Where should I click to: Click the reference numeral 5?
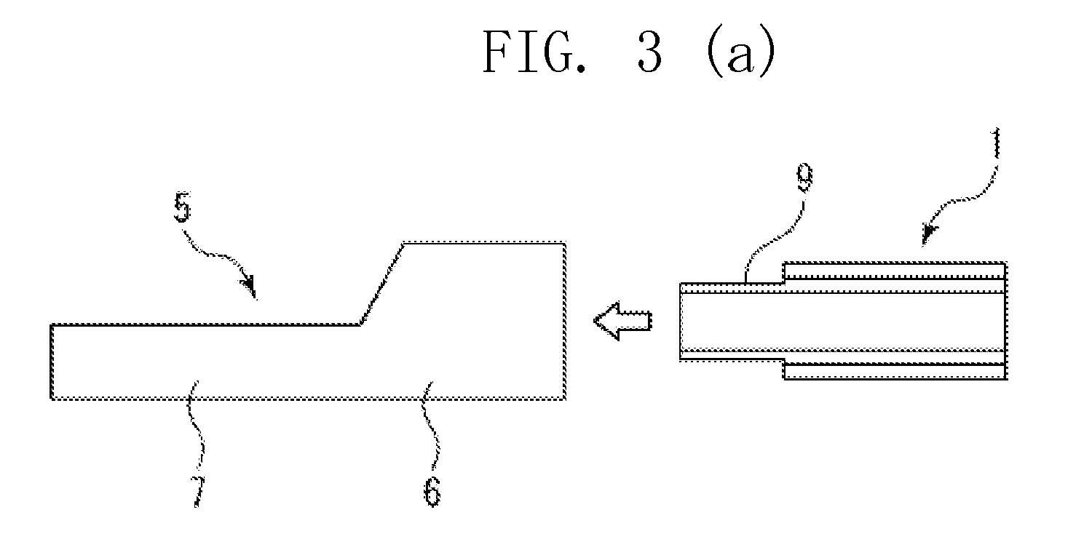[x=182, y=207]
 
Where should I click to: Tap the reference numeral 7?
[x=197, y=491]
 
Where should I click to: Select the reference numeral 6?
[x=432, y=491]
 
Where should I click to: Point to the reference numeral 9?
[x=804, y=177]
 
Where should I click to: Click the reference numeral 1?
[x=997, y=143]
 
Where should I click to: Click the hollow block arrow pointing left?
[x=622, y=321]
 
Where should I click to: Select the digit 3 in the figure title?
[x=649, y=51]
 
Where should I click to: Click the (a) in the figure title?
[x=740, y=51]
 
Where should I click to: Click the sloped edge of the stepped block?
[x=382, y=283]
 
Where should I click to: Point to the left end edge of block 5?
[x=52, y=362]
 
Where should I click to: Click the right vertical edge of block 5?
[x=564, y=321]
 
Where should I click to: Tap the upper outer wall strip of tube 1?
[x=895, y=271]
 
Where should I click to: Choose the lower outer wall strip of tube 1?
[x=895, y=371]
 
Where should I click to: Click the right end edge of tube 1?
[x=1005, y=321]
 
